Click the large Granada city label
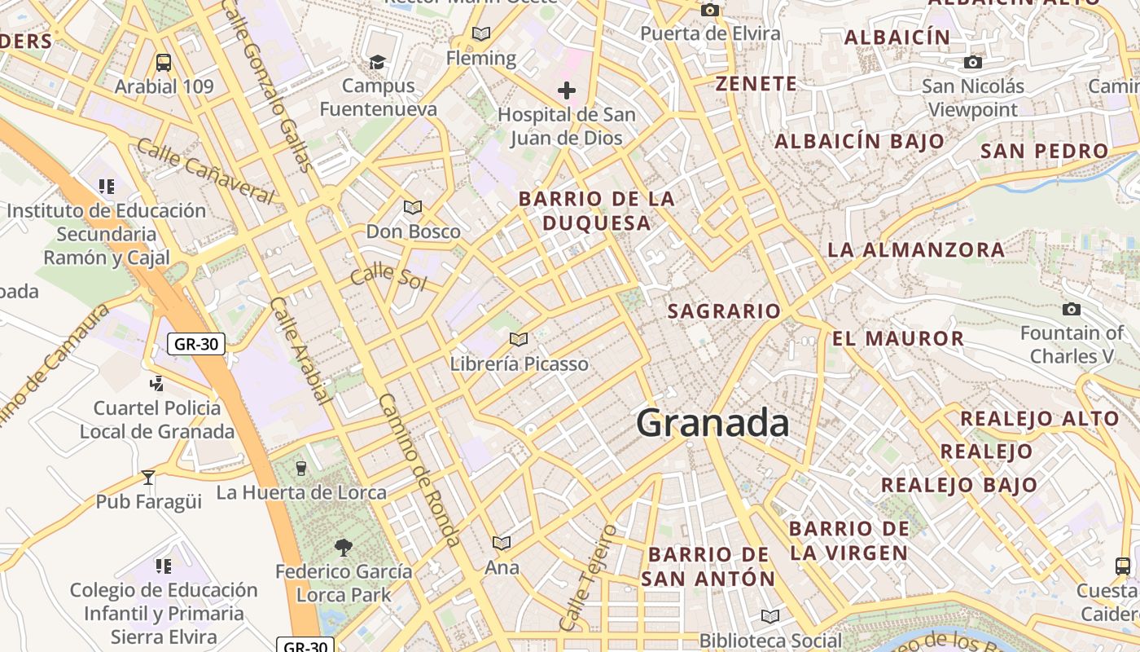[x=712, y=423]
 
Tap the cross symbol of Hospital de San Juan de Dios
[x=567, y=90]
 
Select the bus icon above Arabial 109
[x=164, y=63]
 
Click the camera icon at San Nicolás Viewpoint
[x=972, y=62]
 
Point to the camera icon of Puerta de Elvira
[x=710, y=10]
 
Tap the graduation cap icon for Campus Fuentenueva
[x=377, y=62]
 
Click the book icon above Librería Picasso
[x=519, y=339]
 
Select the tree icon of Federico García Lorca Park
[x=344, y=547]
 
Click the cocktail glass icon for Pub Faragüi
[x=148, y=477]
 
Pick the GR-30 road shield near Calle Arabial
[x=196, y=344]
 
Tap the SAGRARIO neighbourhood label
[x=724, y=311]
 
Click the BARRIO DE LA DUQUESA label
[x=597, y=210]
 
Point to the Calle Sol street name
[x=388, y=276]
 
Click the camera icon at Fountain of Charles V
[x=1072, y=309]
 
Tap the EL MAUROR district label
[x=898, y=338]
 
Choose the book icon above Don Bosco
[x=413, y=207]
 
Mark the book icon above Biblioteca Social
[x=769, y=616]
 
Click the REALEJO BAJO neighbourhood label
[x=959, y=485]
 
